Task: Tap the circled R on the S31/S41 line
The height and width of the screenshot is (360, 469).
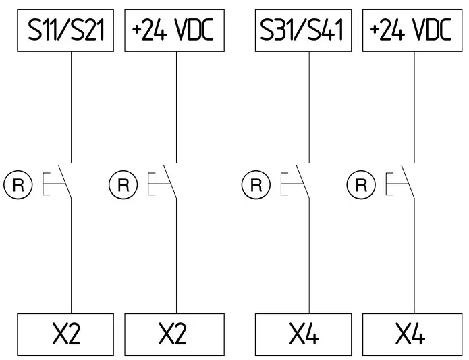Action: tap(256, 184)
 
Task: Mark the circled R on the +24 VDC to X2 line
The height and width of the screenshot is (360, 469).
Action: tap(123, 184)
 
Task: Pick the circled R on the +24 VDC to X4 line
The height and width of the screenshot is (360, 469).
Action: tap(362, 184)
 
